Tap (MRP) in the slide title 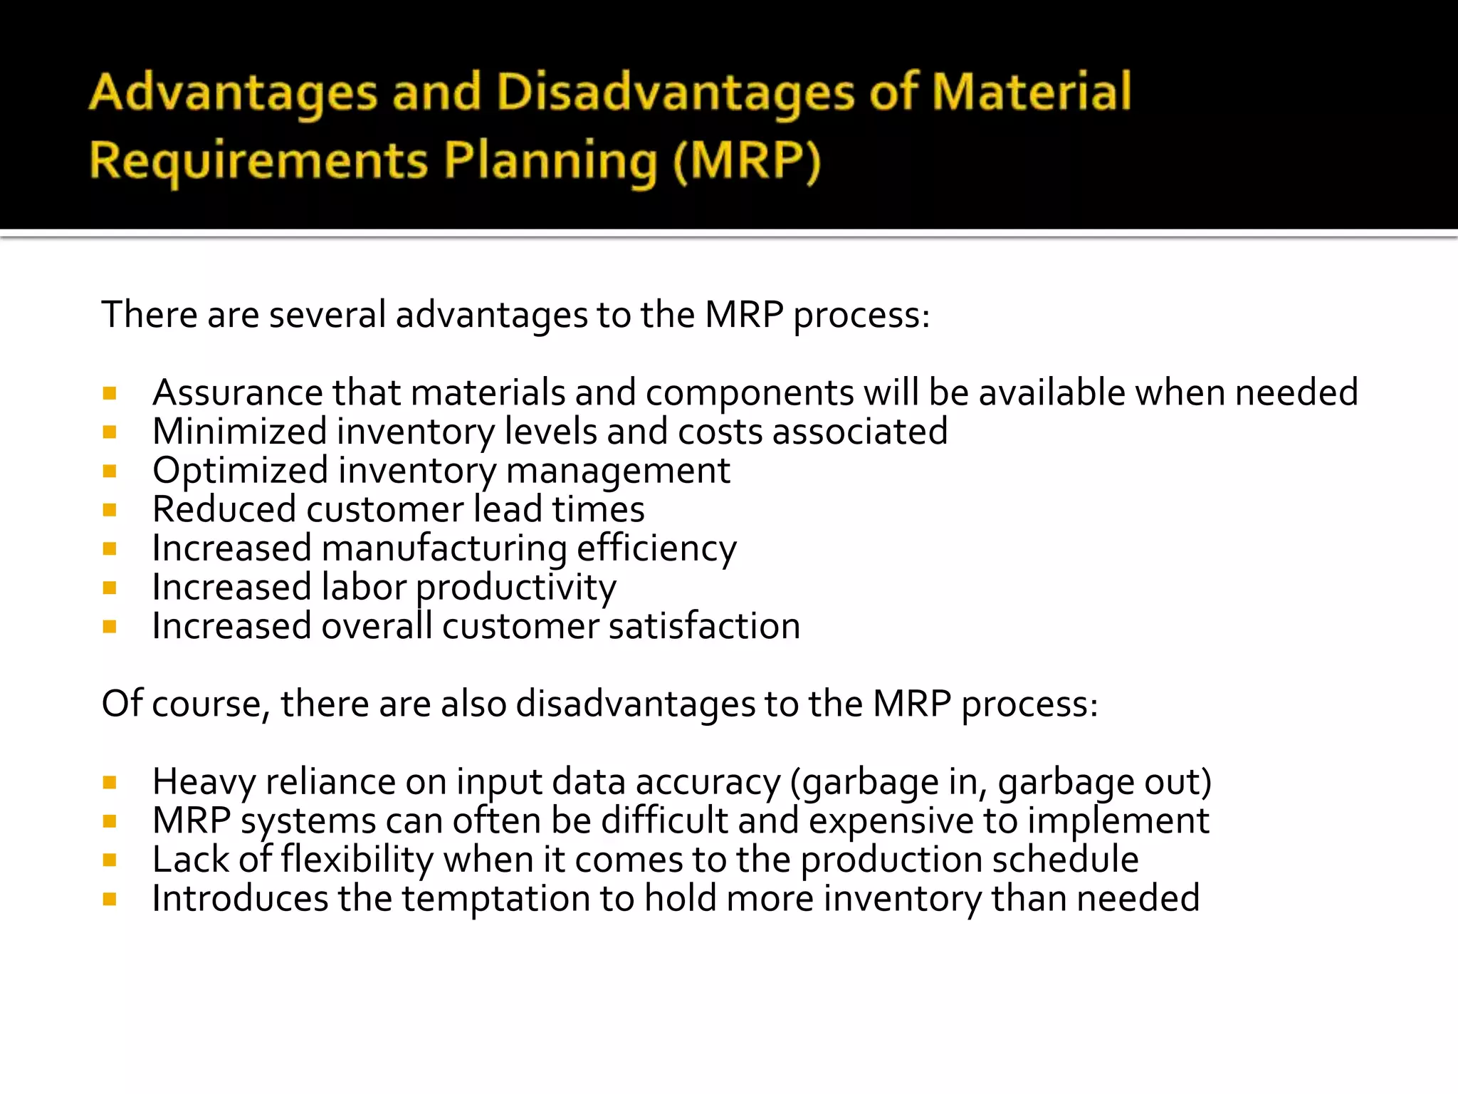pyautogui.click(x=747, y=161)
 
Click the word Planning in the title pyautogui.click(x=550, y=161)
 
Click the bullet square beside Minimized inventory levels pyautogui.click(x=110, y=432)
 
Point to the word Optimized pyautogui.click(x=240, y=471)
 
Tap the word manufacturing pyautogui.click(x=444, y=549)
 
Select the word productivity pyautogui.click(x=515, y=588)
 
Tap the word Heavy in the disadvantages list pyautogui.click(x=204, y=782)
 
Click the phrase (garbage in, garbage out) pyautogui.click(x=1000, y=782)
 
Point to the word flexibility pyautogui.click(x=357, y=860)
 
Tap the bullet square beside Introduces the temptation pyautogui.click(x=110, y=900)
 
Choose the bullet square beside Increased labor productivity pyautogui.click(x=110, y=588)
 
